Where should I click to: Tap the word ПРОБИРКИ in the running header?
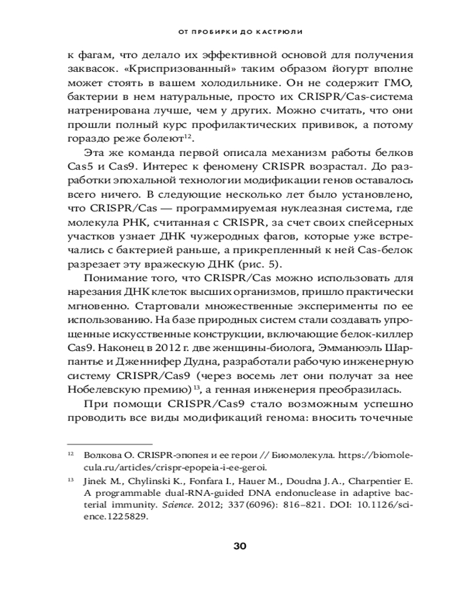point(212,29)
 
